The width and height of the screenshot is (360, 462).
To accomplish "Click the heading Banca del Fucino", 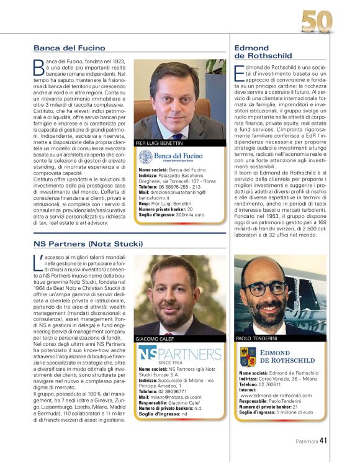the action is (x=70, y=48).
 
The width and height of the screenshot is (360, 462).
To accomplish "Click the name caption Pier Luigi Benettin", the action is (x=158, y=143).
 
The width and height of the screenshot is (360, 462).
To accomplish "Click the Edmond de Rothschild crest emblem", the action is (x=248, y=356).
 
